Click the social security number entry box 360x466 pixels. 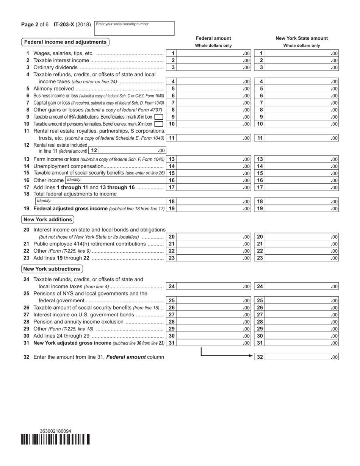click(134, 28)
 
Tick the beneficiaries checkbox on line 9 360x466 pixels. click(159, 117)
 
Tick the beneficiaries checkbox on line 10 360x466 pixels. click(159, 124)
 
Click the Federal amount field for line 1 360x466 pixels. click(214, 53)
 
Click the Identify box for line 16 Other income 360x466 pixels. click(115, 180)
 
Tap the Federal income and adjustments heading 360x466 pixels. click(65, 42)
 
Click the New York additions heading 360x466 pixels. click(47, 219)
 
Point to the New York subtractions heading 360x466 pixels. click(52, 269)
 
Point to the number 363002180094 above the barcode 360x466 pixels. click(55, 431)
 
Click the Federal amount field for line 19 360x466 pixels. click(214, 208)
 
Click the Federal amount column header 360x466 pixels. click(213, 38)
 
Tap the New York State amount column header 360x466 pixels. click(302, 38)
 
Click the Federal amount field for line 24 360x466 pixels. click(214, 286)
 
